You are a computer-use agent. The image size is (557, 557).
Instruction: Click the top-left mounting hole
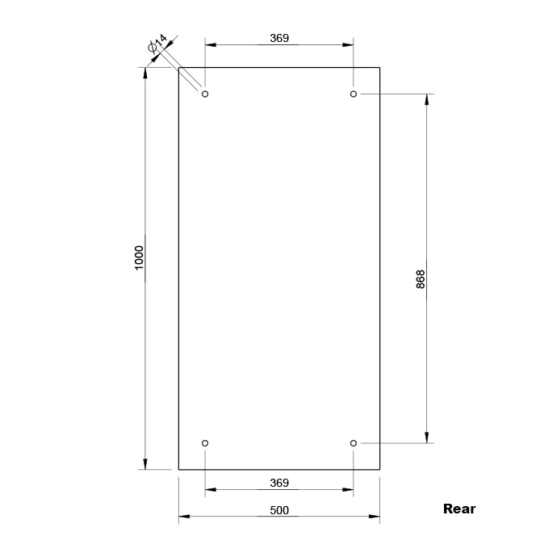pos(205,94)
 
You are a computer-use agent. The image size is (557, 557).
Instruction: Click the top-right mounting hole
pos(354,94)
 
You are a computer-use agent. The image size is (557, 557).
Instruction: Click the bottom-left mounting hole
pos(205,443)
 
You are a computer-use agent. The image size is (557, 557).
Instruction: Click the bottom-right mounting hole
pos(354,443)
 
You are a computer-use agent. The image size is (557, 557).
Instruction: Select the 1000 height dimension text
pos(139,258)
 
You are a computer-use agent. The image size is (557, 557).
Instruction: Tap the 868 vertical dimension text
pos(420,279)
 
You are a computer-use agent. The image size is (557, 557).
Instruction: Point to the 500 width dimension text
pos(279,510)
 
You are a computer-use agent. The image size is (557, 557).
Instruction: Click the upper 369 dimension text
pos(279,38)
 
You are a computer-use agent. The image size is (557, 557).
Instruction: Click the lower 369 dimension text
pos(279,483)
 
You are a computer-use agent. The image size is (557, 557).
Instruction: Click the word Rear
pos(459,509)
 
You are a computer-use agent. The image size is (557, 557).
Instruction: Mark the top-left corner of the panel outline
pos(178,67)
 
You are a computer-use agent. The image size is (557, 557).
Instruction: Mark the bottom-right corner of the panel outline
pos(380,469)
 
